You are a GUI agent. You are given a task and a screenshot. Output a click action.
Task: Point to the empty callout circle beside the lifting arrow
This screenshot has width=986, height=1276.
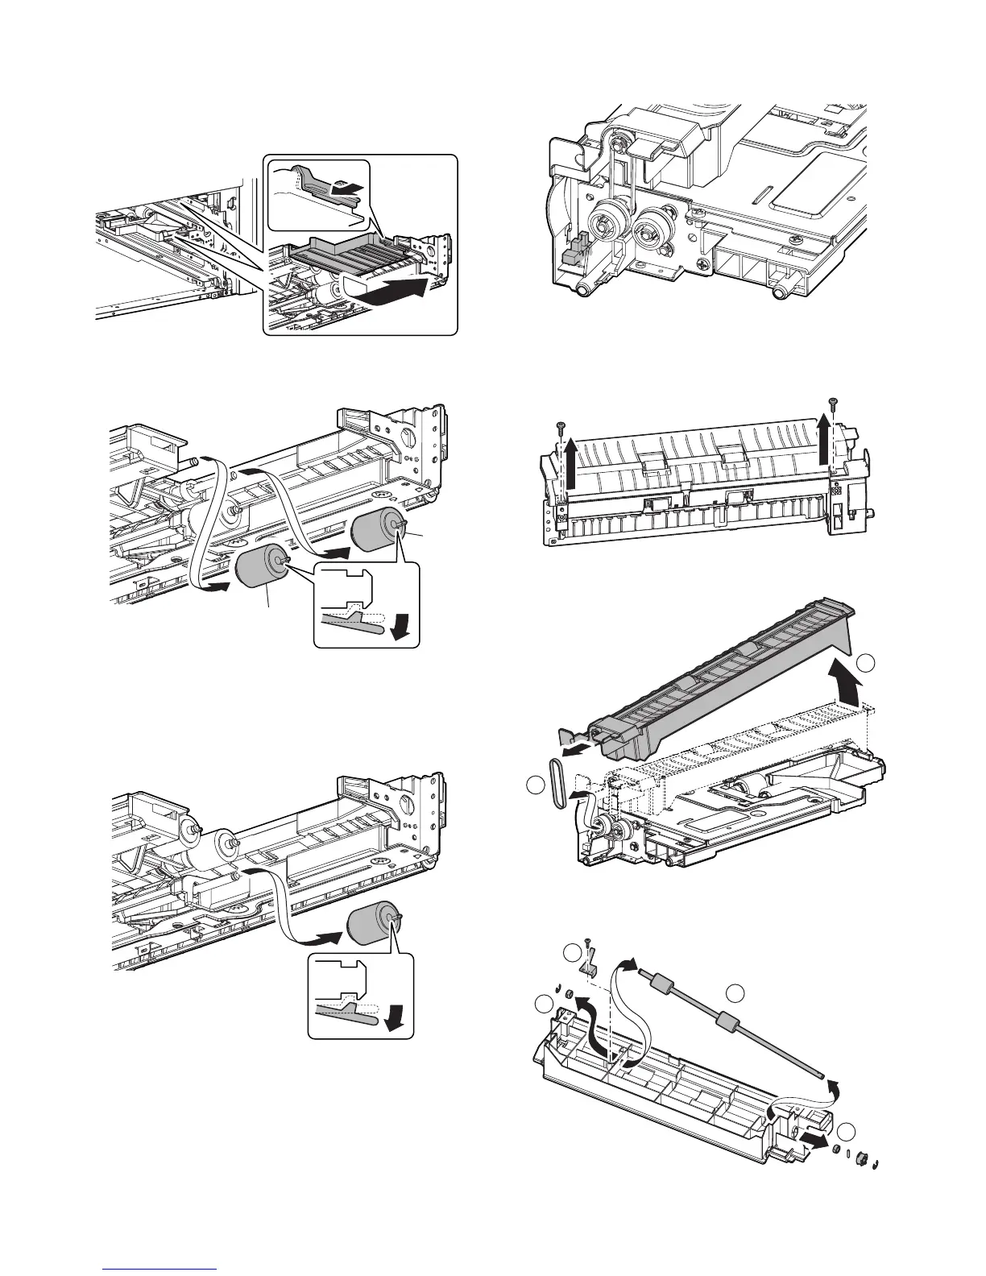[x=866, y=664]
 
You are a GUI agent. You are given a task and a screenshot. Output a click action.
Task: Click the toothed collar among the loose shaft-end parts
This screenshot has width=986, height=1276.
[x=864, y=1157]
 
